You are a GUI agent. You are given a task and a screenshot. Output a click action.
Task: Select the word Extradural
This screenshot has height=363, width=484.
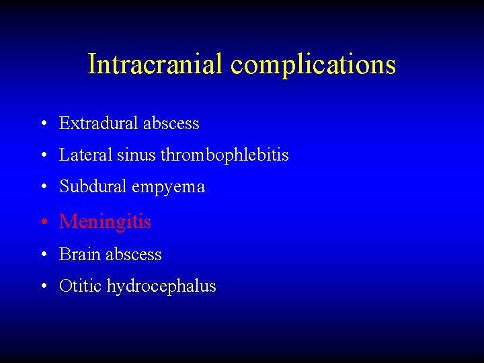click(96, 124)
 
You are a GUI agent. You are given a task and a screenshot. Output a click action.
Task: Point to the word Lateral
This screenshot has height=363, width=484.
click(85, 155)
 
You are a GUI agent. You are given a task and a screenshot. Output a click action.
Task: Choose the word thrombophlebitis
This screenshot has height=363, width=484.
click(225, 156)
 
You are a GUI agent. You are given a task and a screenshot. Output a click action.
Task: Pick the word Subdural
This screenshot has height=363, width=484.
click(93, 187)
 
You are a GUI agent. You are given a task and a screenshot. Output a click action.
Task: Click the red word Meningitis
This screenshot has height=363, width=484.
click(105, 222)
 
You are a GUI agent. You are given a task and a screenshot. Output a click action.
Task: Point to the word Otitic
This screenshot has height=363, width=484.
click(80, 286)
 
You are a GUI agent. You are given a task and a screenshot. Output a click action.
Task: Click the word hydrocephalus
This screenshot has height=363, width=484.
click(161, 287)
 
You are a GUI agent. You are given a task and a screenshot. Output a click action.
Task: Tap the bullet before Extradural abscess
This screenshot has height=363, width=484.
click(43, 124)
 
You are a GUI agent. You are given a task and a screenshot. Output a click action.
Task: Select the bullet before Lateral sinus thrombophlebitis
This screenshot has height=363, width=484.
click(43, 156)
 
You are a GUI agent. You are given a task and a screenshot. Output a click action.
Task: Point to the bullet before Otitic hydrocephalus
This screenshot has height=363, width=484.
click(43, 287)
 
